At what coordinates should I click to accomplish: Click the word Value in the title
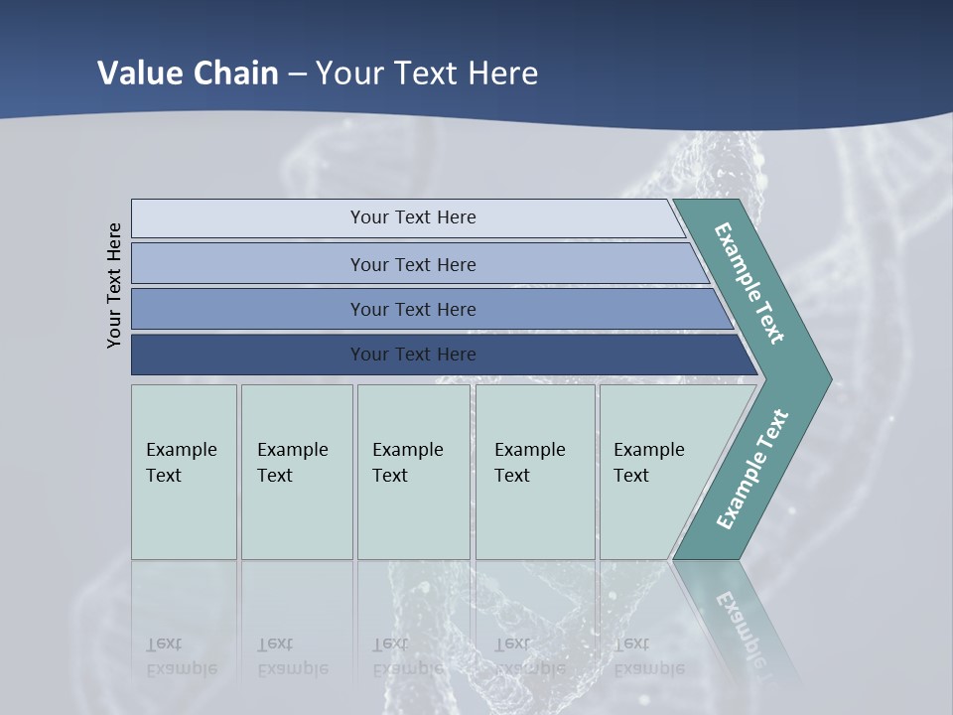pos(137,73)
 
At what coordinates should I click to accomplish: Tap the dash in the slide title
pos(297,74)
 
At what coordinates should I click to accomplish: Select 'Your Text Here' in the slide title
pos(427,73)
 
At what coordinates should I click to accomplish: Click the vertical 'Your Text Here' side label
pos(114,286)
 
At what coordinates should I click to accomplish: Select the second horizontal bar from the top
pos(413,264)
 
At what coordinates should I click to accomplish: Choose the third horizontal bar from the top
pos(413,310)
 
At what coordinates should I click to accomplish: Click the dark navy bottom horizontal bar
pos(413,355)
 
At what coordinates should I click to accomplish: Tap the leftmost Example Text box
pos(184,472)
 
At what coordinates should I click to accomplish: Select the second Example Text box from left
pos(297,472)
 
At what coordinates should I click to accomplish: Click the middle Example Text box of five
pos(413,472)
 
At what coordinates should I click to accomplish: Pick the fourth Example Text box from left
pos(535,472)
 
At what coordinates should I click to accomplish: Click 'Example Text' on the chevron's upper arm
pos(749,284)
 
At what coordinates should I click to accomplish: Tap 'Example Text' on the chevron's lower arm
pos(752,470)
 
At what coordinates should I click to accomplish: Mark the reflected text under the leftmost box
pos(181,656)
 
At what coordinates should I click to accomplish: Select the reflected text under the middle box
pos(407,656)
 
